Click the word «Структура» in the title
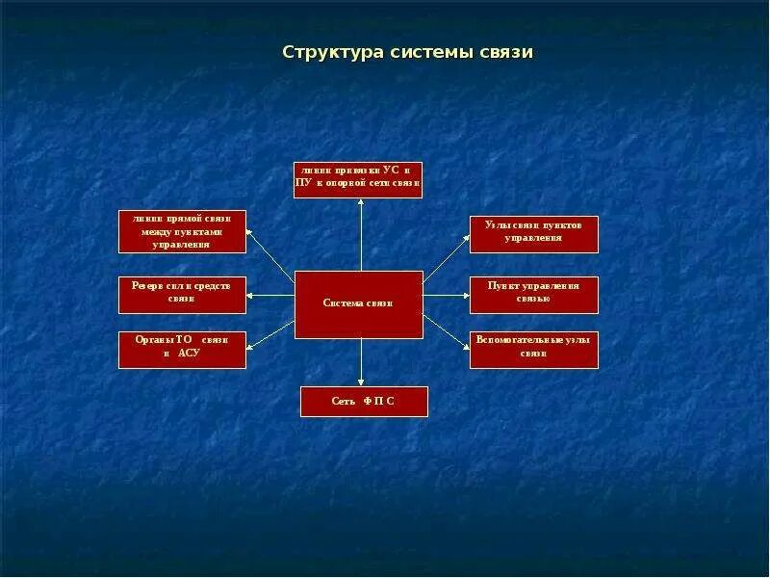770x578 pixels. tap(331, 52)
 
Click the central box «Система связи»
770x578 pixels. tap(358, 304)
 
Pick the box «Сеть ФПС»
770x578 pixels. tap(364, 402)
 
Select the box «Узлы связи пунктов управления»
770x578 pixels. tap(533, 234)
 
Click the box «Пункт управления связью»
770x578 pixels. tap(533, 295)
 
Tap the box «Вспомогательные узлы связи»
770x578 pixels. tap(533, 350)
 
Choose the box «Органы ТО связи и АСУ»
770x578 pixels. tap(182, 350)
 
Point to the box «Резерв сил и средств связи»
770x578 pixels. tap(182, 295)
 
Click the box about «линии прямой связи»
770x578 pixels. tap(182, 231)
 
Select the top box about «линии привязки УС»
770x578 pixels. tap(358, 180)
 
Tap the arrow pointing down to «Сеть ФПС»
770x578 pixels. tap(361, 363)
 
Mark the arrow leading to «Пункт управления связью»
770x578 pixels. tap(447, 295)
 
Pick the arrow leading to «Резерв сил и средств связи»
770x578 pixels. tap(269, 295)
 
